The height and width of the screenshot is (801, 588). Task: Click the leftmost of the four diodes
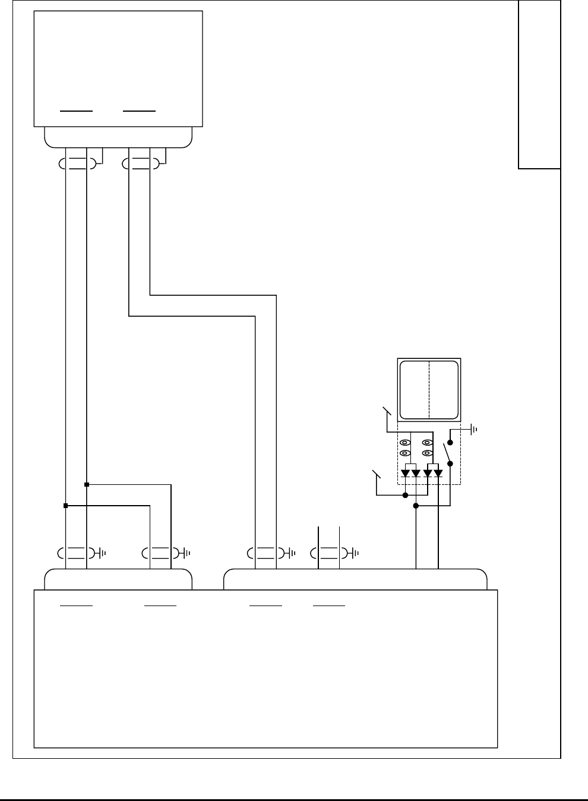(405, 474)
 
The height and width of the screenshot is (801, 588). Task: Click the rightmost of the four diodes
(438, 474)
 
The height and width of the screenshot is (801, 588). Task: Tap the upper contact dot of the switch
(450, 443)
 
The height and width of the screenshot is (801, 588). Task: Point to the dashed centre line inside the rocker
(429, 389)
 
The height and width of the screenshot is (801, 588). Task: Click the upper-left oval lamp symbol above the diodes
(405, 443)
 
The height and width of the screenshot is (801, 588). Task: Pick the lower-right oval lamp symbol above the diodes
(426, 453)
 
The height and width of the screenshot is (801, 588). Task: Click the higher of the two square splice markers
(87, 485)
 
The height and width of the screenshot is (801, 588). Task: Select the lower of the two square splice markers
(66, 506)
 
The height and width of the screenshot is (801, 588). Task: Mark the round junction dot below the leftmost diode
(405, 495)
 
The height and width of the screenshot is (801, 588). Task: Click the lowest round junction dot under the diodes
(416, 506)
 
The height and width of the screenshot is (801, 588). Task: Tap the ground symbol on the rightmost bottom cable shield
(356, 553)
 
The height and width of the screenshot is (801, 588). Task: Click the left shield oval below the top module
(77, 164)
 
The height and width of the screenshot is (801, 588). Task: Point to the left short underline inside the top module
(77, 111)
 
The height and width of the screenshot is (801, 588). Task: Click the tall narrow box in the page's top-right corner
(539, 84)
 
